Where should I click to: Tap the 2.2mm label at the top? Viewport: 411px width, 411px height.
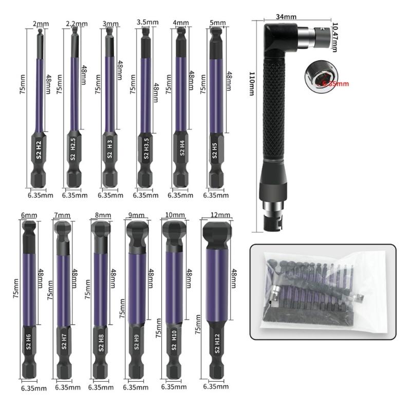pyautogui.click(x=78, y=24)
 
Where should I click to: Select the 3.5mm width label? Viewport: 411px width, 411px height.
pyautogui.click(x=147, y=22)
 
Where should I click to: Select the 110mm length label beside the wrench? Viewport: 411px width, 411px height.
pyautogui.click(x=251, y=82)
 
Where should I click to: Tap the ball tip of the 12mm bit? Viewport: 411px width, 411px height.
pyautogui.click(x=217, y=233)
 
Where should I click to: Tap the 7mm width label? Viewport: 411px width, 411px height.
pyautogui.click(x=62, y=214)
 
